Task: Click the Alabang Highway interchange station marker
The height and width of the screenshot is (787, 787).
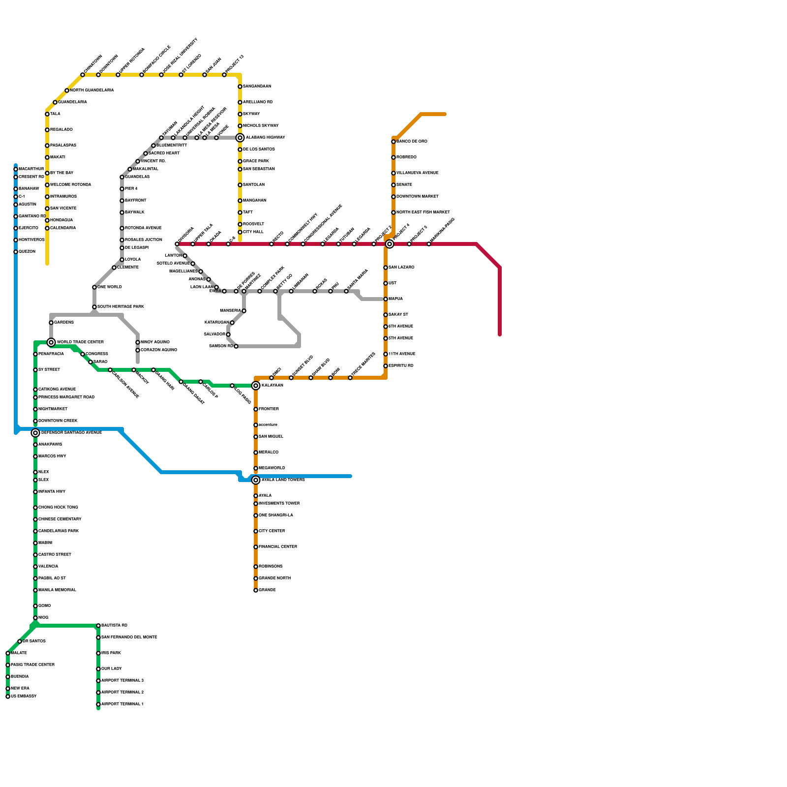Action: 240,138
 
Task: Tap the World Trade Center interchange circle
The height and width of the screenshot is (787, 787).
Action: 51,342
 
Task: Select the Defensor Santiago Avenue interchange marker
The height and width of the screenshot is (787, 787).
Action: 35,433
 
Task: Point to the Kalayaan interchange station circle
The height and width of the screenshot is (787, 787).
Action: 256,386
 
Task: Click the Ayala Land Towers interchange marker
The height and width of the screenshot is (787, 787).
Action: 256,480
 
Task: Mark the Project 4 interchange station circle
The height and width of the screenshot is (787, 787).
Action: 390,244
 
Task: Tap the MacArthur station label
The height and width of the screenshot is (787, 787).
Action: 31,169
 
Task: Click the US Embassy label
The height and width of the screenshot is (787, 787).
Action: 24,696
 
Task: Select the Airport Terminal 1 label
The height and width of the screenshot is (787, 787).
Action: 122,704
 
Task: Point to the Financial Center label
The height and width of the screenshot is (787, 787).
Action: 278,547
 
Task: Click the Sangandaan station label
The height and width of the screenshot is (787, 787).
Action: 257,87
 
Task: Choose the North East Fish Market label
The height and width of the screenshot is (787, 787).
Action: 423,212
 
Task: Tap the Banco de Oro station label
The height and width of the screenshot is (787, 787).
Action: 412,142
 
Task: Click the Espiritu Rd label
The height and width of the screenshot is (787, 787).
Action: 401,366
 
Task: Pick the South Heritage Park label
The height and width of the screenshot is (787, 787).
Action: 121,307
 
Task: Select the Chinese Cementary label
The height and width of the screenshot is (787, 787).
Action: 60,519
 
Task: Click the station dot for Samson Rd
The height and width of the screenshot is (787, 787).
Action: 236,346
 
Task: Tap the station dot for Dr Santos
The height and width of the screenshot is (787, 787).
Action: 20,641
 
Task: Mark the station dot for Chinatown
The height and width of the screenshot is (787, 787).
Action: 83,75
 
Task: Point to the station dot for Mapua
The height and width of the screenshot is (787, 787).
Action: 386,299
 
